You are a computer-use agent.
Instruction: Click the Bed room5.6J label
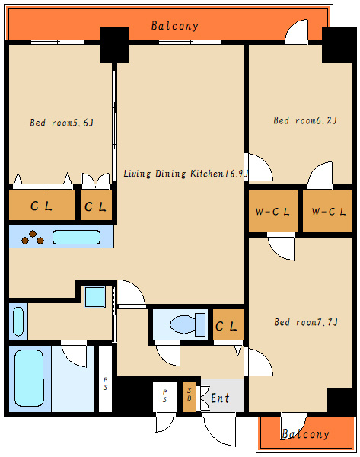(62, 123)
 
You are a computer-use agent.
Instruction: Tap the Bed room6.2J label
(305, 120)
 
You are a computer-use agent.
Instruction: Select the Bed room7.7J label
(306, 322)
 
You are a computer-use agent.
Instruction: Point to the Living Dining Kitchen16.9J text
(186, 174)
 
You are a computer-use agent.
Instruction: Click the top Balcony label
(175, 26)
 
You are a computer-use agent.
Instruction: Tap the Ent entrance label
(220, 398)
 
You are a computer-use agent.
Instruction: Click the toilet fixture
(187, 324)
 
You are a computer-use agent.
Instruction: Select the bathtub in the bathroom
(29, 378)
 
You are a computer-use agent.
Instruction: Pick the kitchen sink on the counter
(76, 237)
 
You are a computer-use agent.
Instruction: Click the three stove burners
(33, 237)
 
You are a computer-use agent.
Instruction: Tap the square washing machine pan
(94, 297)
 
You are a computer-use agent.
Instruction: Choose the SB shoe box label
(190, 395)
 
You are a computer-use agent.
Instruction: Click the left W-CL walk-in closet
(272, 211)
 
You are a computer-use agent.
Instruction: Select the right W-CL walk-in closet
(327, 211)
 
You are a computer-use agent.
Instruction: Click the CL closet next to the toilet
(228, 324)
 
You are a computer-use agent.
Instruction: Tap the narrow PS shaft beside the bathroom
(105, 379)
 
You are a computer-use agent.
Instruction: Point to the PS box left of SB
(165, 396)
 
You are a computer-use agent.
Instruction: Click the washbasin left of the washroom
(18, 321)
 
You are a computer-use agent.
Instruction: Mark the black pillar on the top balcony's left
(114, 45)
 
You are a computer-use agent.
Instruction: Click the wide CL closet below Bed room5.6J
(42, 205)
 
